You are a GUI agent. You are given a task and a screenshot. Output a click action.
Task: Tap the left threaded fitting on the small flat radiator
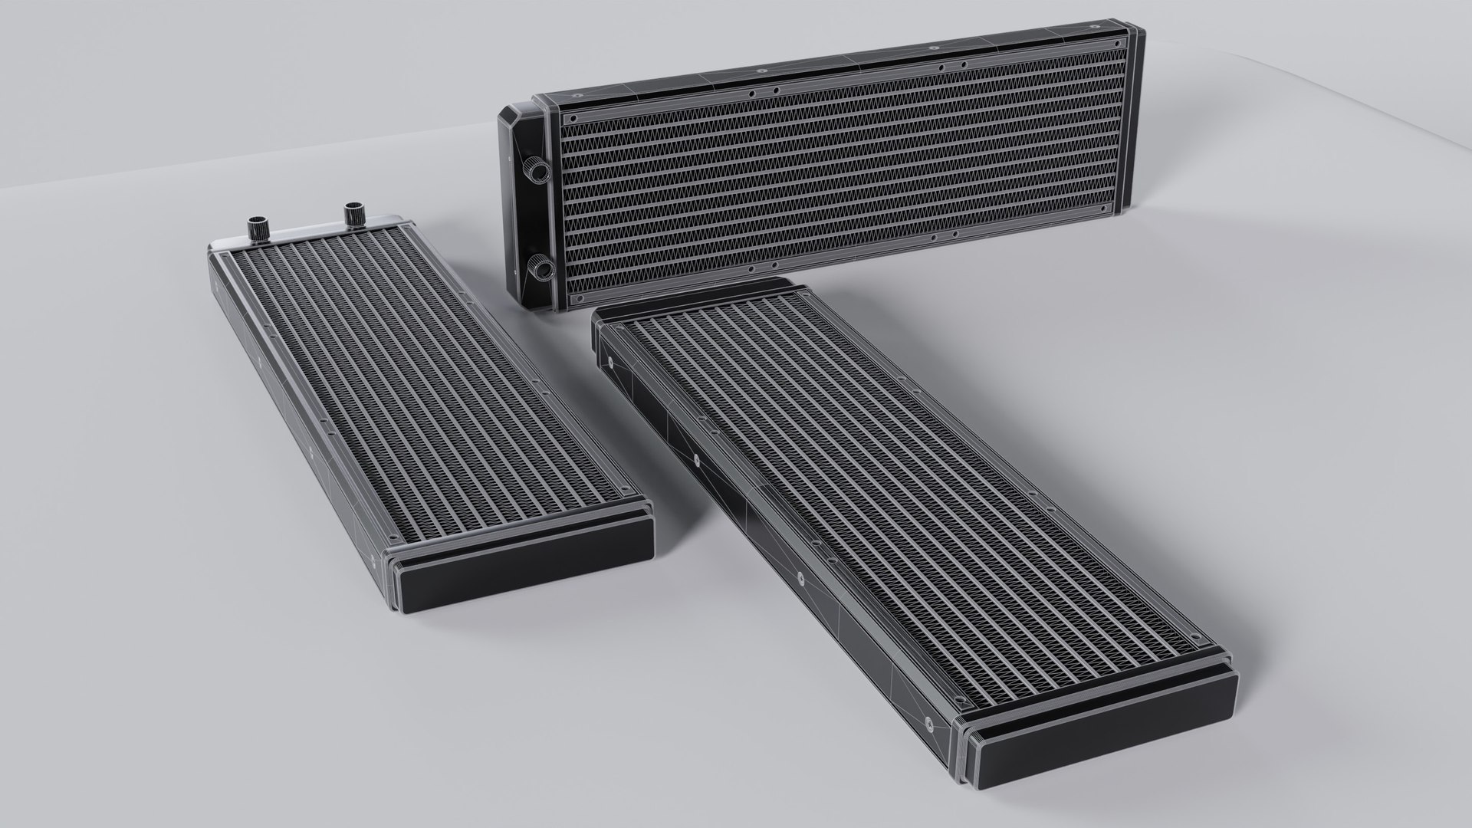(255, 228)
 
